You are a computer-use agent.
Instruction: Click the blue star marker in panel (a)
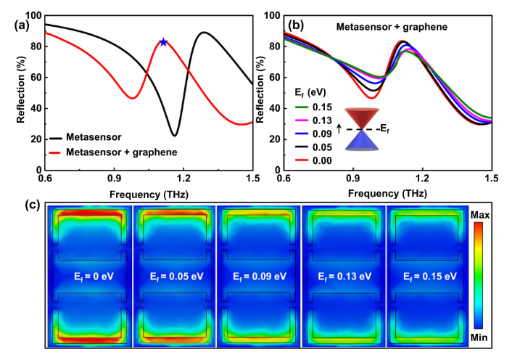[163, 42]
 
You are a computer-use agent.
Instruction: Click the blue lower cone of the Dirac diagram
[360, 142]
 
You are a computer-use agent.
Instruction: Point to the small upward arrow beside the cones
[339, 131]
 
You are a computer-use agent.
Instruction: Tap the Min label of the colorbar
[481, 337]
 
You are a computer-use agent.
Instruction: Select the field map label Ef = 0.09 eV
[257, 276]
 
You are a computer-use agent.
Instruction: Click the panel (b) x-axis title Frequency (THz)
[387, 195]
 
